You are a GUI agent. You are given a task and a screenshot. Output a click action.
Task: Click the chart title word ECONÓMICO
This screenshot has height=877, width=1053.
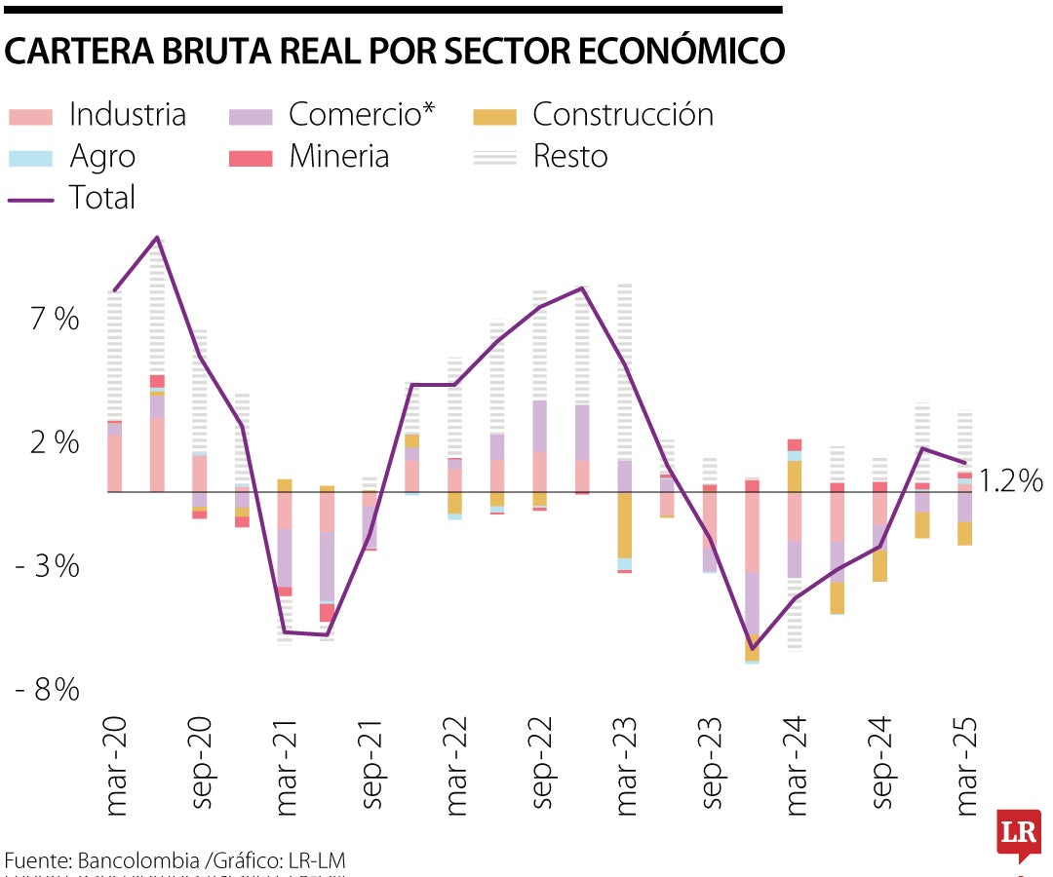click(x=673, y=52)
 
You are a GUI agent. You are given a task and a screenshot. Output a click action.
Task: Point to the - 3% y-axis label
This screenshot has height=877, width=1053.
click(x=47, y=566)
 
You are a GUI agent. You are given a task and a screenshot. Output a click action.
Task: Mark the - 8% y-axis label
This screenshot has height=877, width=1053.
click(x=47, y=690)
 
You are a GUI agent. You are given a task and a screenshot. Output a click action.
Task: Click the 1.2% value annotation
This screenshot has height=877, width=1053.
click(x=1011, y=480)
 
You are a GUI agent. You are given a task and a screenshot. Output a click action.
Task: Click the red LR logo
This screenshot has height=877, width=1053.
click(x=1018, y=834)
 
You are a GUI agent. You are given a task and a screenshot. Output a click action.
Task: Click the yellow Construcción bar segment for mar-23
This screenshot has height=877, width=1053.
click(x=624, y=525)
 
